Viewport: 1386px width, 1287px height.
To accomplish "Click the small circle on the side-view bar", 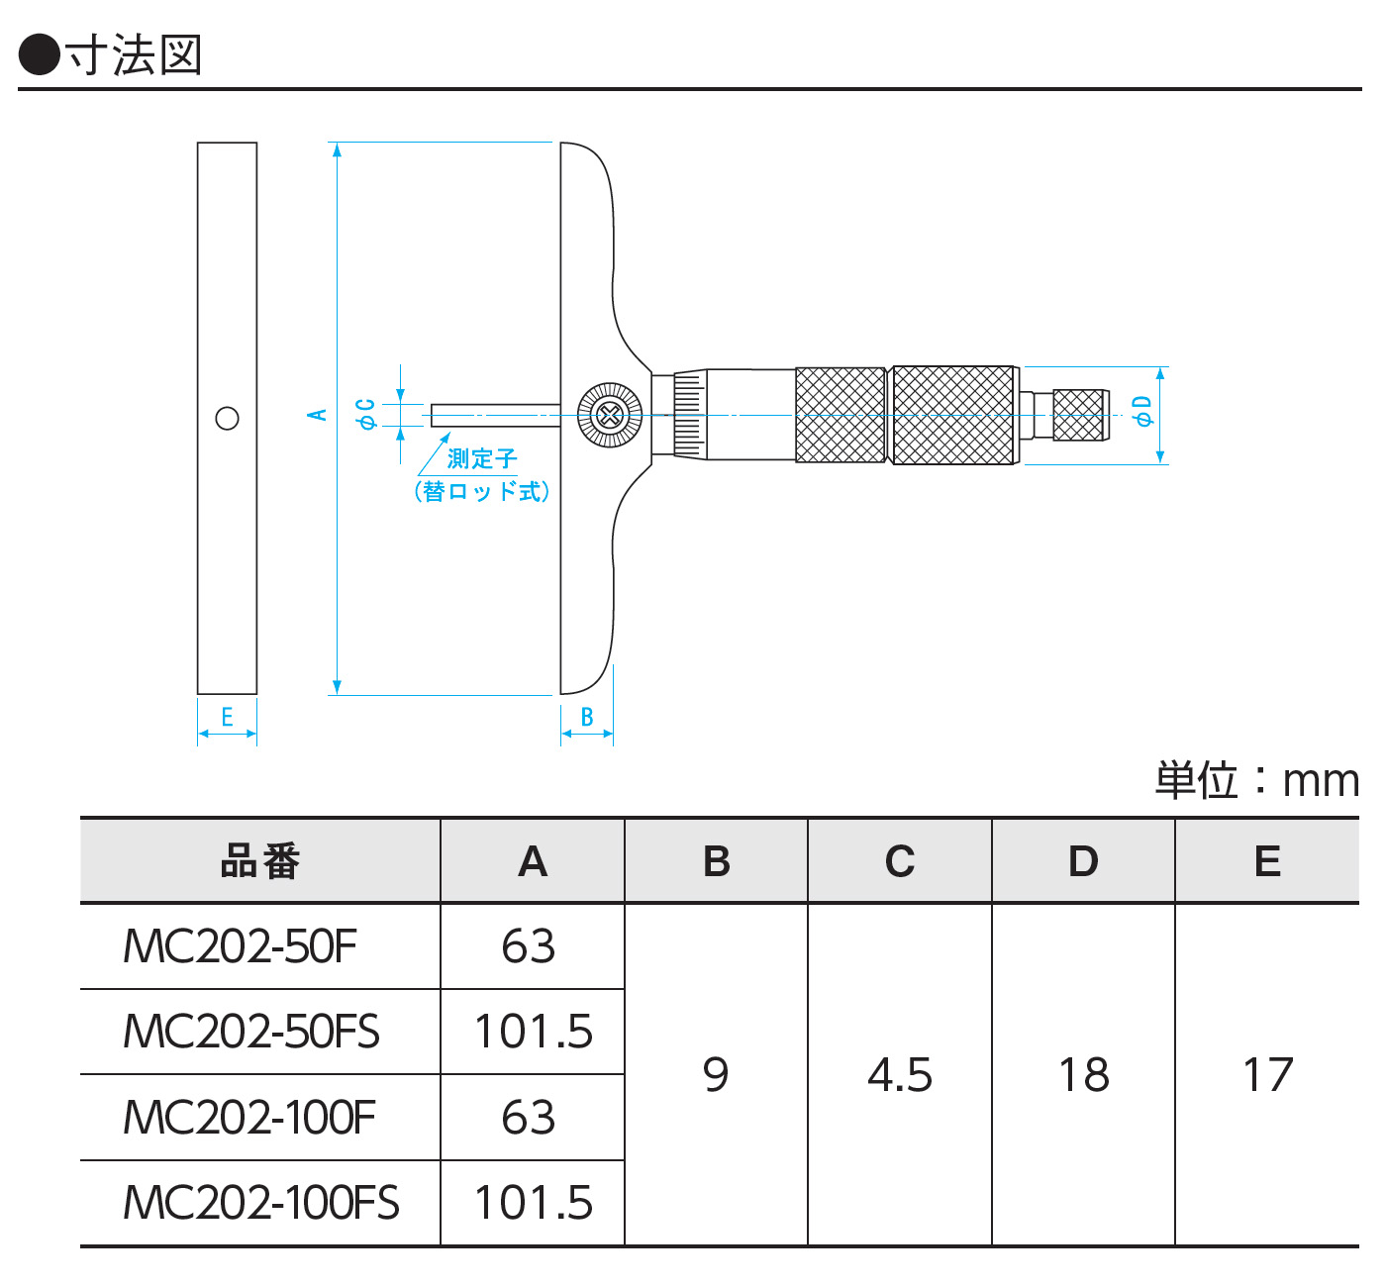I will click(227, 418).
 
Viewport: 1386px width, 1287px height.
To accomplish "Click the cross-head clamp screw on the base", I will click(609, 415).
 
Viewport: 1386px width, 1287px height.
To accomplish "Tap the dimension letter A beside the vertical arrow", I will click(317, 415).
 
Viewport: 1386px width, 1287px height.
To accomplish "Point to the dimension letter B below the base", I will click(587, 717).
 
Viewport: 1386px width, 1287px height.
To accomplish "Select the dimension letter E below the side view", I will click(227, 717).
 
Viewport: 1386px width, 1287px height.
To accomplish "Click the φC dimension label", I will click(366, 414).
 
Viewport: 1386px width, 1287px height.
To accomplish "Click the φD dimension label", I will click(1142, 411).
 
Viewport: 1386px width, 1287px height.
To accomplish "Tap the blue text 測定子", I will click(481, 458).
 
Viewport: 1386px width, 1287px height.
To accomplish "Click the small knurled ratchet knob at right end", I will click(1078, 415).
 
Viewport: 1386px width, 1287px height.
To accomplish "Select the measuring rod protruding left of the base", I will click(495, 415).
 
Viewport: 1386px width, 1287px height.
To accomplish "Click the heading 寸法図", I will click(134, 55).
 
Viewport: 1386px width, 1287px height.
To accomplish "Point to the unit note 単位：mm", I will click(1256, 780).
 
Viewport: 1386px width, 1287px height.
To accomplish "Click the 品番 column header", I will click(259, 861).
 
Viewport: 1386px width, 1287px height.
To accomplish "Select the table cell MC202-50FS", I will click(251, 1032).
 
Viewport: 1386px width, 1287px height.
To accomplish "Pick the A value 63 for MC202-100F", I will click(529, 1118).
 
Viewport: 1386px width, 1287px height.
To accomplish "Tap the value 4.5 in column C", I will click(900, 1075).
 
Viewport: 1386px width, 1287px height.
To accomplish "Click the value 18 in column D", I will click(1084, 1075).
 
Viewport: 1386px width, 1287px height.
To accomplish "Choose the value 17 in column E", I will click(1267, 1075).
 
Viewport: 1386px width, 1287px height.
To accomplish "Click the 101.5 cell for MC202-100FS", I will click(534, 1203).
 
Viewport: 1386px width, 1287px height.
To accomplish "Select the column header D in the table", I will click(1084, 861).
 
